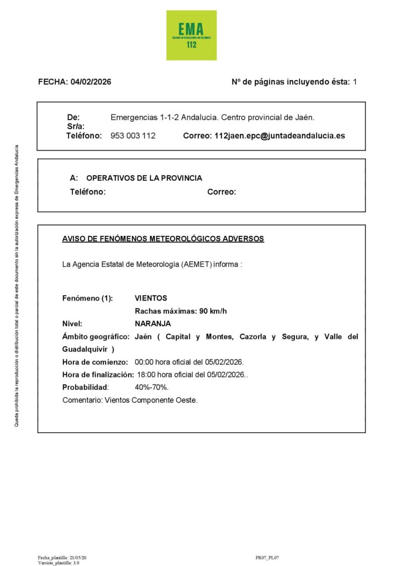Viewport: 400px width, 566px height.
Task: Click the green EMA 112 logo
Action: (191, 35)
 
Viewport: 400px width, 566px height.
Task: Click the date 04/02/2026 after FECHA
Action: (91, 82)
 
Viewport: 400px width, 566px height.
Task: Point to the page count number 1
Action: (355, 82)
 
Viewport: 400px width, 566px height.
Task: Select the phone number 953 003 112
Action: (133, 135)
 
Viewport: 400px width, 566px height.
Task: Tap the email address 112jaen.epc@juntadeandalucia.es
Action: (280, 135)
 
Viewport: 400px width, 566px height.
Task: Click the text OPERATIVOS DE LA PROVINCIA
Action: (144, 178)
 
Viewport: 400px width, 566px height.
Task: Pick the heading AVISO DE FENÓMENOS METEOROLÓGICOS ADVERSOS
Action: (163, 239)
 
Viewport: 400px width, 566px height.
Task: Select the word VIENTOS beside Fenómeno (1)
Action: (151, 298)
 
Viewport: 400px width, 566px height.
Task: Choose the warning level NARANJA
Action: (152, 324)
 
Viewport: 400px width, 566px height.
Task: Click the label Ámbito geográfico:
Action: (96, 337)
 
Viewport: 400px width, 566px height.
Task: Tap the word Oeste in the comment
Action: (186, 400)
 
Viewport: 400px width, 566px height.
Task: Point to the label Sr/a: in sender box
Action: (76, 127)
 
